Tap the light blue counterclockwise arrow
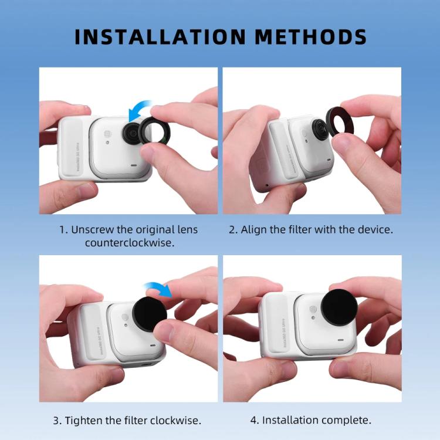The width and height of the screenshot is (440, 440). point(138,110)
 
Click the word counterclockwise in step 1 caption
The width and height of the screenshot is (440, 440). point(128,242)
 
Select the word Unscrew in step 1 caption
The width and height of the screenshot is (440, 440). point(91,229)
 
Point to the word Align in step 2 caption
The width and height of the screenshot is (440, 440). point(255,229)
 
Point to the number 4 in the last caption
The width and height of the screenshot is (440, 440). point(254,420)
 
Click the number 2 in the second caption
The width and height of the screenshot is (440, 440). point(232,229)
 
